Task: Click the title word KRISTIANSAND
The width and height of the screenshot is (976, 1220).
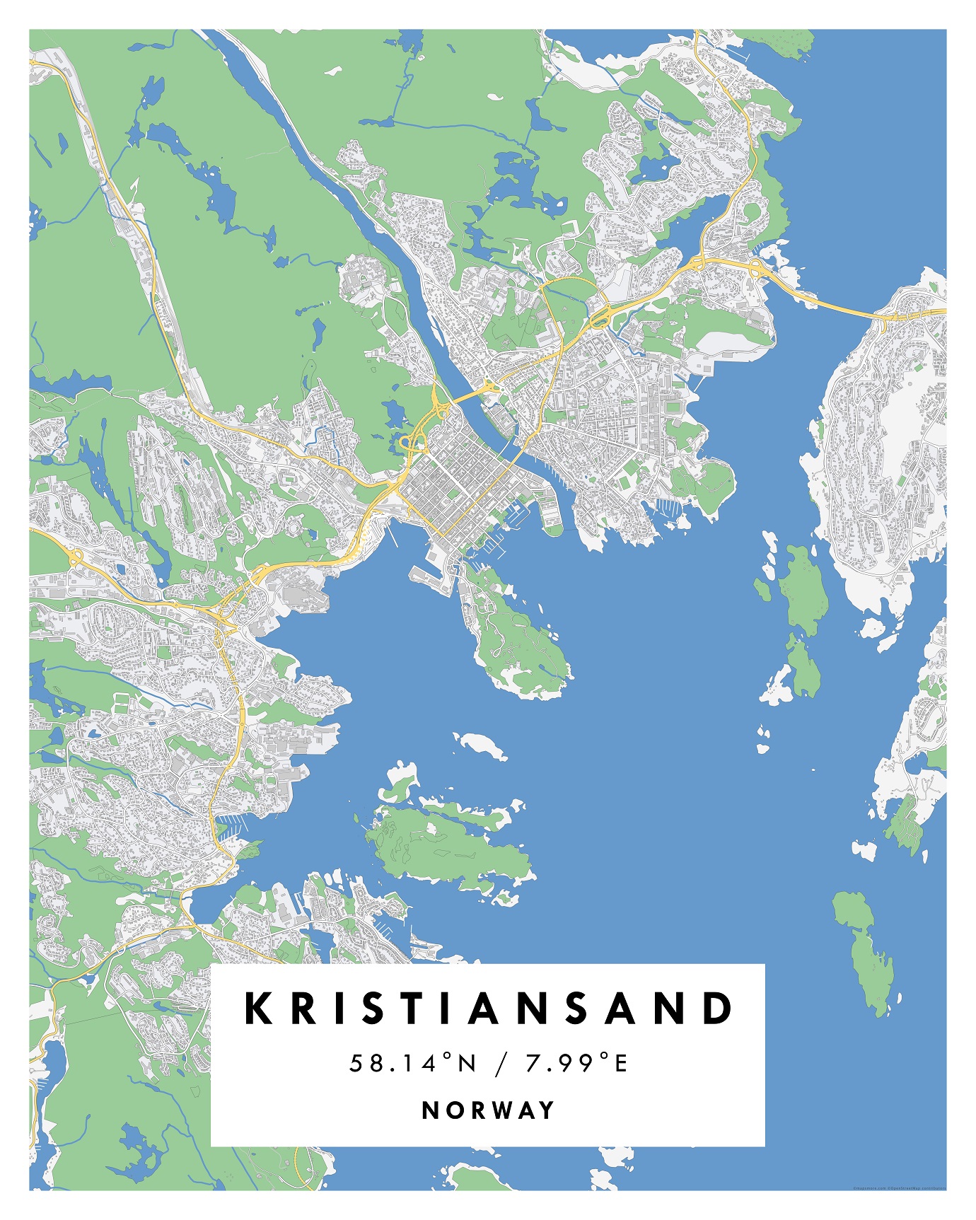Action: click(488, 1009)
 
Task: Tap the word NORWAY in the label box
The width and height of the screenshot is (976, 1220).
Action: click(488, 1110)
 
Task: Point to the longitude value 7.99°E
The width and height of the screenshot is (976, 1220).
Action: click(576, 1062)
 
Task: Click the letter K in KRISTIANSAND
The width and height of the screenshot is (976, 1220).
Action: click(259, 1009)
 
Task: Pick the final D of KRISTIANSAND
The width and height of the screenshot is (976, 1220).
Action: click(719, 1009)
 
